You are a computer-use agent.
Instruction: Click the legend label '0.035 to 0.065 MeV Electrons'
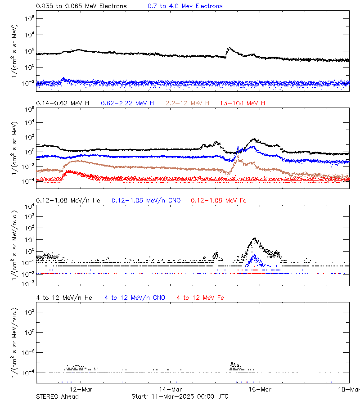click(81, 6)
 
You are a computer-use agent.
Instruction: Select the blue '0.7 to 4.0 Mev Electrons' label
click(185, 6)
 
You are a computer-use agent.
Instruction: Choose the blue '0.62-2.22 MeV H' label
click(127, 103)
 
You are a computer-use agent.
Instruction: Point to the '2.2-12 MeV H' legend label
click(188, 103)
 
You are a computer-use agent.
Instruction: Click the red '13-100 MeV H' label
click(243, 103)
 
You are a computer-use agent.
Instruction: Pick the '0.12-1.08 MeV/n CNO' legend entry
click(146, 200)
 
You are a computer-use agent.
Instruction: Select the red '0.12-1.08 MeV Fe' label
click(218, 200)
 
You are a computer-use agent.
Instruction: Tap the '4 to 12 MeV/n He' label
click(64, 297)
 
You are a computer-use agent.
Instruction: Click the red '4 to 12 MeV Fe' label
click(200, 297)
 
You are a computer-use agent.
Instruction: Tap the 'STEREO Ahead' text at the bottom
click(57, 396)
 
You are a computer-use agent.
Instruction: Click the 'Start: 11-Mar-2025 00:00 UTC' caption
click(180, 396)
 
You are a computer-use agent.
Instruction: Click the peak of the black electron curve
click(229, 47)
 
